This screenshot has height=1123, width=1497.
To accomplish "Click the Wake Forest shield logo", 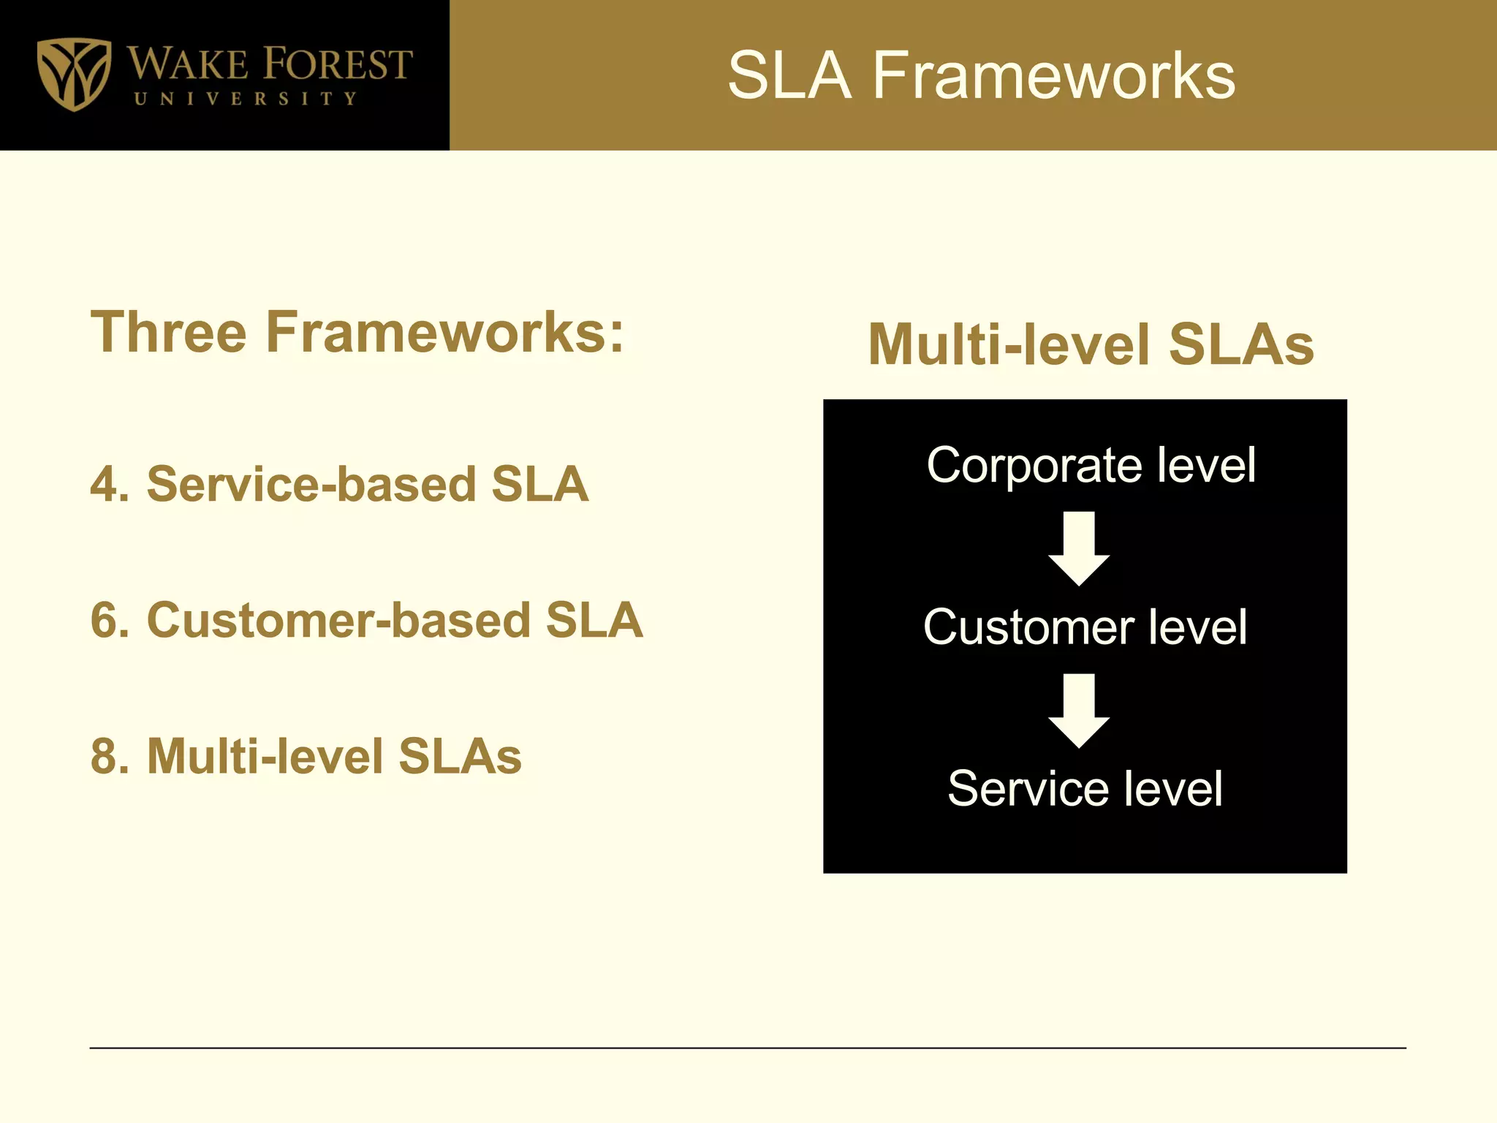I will (x=74, y=74).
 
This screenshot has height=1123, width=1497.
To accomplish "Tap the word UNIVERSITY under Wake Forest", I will (x=246, y=99).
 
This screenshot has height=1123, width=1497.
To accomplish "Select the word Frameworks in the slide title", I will (x=1053, y=76).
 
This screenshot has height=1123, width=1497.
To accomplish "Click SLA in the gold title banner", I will (x=789, y=76).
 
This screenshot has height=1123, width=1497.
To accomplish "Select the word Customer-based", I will (x=339, y=620).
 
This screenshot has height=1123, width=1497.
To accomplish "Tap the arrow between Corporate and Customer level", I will (x=1079, y=548).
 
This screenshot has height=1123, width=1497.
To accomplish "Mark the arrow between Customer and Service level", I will (x=1079, y=711).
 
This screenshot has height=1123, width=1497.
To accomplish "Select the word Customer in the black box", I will (x=1028, y=627).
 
